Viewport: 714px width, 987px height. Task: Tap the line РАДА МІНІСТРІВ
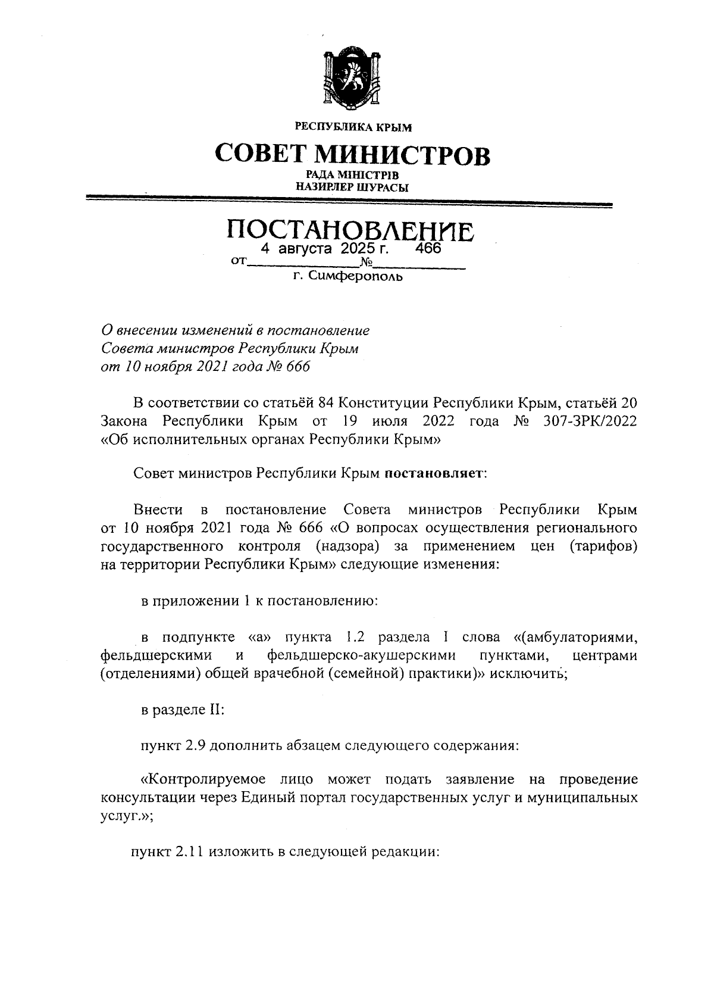pyautogui.click(x=352, y=175)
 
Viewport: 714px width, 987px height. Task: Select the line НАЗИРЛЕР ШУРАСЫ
pyautogui.click(x=352, y=188)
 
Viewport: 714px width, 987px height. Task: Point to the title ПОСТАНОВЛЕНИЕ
pyautogui.click(x=351, y=230)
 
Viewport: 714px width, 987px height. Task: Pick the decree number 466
pyautogui.click(x=428, y=248)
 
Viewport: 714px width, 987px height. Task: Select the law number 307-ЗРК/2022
pyautogui.click(x=590, y=421)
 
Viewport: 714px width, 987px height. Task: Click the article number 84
pyautogui.click(x=327, y=402)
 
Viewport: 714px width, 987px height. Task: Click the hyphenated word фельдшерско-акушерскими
pyautogui.click(x=362, y=656)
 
